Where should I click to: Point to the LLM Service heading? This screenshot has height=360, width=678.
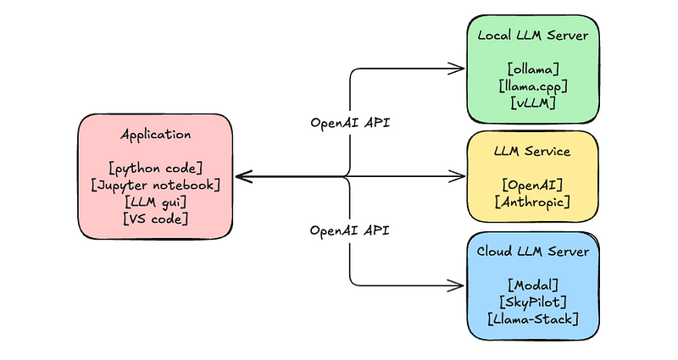coord(532,152)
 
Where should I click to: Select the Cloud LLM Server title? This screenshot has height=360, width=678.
coord(533,252)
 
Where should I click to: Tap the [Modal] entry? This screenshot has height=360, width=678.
coord(533,285)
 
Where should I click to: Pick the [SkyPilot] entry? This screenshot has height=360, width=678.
coord(533,302)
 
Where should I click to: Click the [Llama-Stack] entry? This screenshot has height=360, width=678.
coord(533,318)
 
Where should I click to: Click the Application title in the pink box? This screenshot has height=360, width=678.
coord(156,135)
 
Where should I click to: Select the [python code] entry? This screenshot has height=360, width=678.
coord(156,168)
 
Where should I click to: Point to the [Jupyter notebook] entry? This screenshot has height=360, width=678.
coord(156,185)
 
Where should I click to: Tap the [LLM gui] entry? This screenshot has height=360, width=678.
coord(156,202)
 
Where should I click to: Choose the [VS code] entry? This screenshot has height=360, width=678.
coord(156,219)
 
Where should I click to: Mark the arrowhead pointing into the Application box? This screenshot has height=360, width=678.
coord(240,176)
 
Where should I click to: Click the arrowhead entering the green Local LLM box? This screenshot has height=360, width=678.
coord(460,68)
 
